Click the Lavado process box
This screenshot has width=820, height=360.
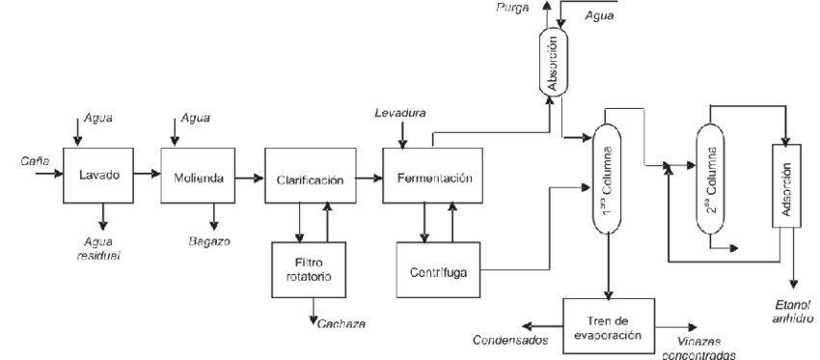pos(98,176)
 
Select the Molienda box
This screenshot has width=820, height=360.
pos(198,176)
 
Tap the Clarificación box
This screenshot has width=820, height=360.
pos(311,176)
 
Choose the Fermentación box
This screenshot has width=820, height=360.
pos(432,176)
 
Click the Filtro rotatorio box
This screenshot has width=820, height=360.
pos(309,269)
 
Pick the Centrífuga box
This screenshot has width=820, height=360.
pos(438,270)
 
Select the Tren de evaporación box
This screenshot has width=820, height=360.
pos(609,326)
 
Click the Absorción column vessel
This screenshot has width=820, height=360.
pos(554,63)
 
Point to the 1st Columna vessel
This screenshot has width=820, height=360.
pos(607,179)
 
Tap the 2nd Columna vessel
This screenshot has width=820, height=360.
pos(710,179)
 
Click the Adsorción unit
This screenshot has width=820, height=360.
pos(786,185)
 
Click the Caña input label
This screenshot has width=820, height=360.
pos(35,161)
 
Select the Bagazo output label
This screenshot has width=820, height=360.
pos(209,241)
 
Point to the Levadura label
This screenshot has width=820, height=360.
pos(400,113)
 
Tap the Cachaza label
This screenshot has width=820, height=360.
pos(342,324)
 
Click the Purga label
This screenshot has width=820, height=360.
pos(513,8)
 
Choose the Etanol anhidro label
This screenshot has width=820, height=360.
pos(793,312)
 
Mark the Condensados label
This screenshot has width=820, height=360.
pos(510,340)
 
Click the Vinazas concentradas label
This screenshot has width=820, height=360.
pos(698,348)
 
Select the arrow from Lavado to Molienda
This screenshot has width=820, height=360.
pos(147,174)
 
